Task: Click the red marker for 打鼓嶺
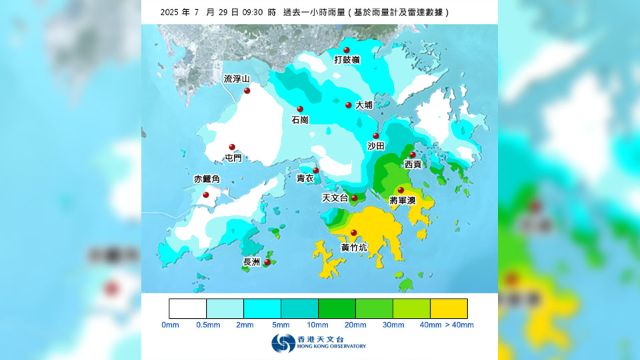click(347, 50)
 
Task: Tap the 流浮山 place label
click(237, 79)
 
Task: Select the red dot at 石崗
click(300, 109)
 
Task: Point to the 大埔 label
click(364, 105)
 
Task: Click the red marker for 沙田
click(376, 136)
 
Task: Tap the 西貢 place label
click(413, 164)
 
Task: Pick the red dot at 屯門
click(232, 147)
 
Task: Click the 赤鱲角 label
click(207, 179)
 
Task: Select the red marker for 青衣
click(316, 171)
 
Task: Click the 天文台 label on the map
click(335, 198)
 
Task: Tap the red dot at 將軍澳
click(401, 190)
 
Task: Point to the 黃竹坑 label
click(353, 247)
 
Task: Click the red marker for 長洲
click(267, 262)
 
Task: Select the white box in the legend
click(188, 308)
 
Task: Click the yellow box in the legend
click(449, 308)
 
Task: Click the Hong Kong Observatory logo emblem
click(283, 343)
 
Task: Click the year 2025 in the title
click(171, 12)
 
